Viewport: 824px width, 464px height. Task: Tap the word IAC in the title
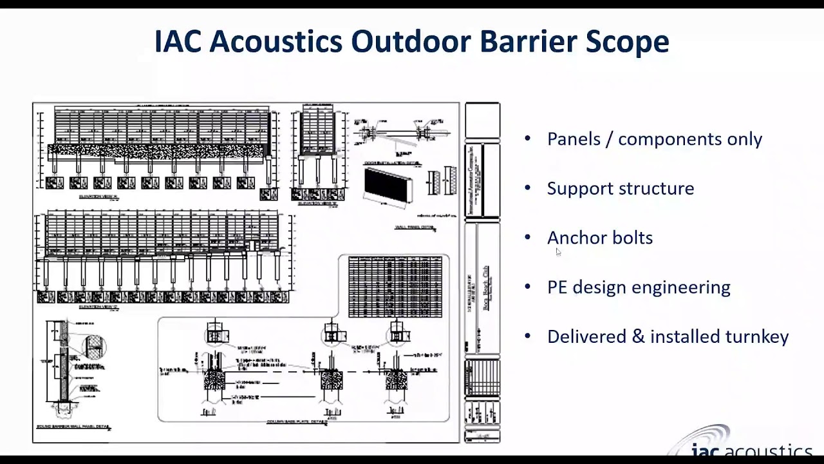click(178, 42)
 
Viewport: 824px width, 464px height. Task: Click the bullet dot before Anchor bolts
click(528, 238)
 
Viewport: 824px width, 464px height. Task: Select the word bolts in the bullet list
click(632, 238)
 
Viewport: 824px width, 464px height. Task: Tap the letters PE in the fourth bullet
click(557, 287)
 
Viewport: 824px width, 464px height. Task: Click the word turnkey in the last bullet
click(757, 337)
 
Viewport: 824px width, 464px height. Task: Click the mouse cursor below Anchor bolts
click(558, 253)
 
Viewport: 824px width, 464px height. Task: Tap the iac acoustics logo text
click(751, 450)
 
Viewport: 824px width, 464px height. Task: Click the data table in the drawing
click(395, 287)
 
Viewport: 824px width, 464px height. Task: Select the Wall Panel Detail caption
click(415, 227)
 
